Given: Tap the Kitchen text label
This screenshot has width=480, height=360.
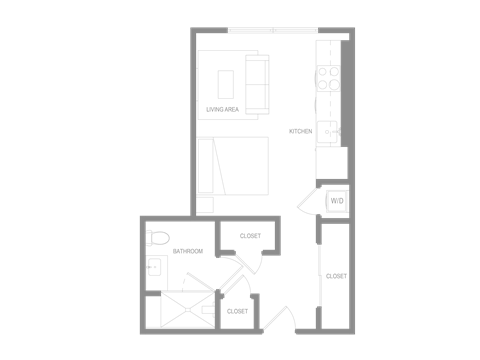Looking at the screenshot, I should click(x=300, y=131).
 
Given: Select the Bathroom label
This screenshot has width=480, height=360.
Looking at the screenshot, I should click(x=188, y=251).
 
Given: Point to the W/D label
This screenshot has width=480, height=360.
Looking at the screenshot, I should click(x=337, y=200).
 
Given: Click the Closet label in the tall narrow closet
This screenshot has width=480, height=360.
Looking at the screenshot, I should click(x=336, y=275).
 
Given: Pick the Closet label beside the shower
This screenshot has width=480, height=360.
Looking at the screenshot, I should click(x=237, y=311).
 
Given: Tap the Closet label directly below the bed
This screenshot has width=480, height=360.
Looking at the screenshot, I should click(x=250, y=236).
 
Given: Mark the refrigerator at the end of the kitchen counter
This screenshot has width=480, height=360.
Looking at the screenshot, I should click(x=331, y=162).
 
